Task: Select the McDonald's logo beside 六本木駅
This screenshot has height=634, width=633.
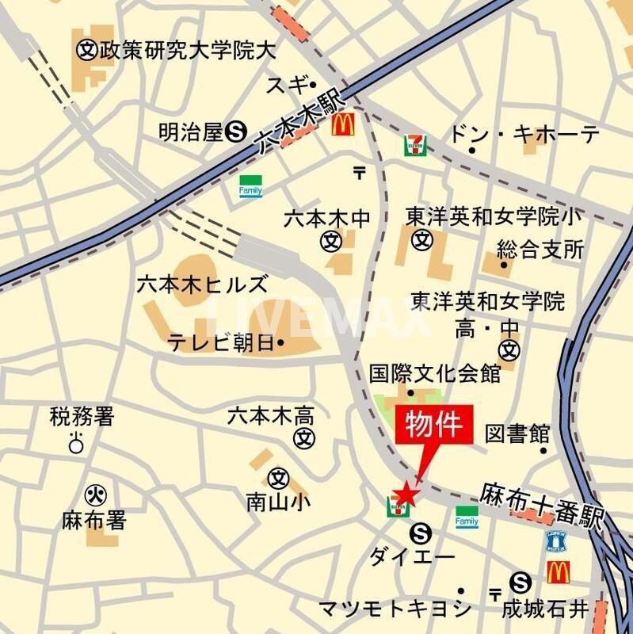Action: pyautogui.click(x=342, y=124)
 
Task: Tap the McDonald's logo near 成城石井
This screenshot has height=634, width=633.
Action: pyautogui.click(x=559, y=571)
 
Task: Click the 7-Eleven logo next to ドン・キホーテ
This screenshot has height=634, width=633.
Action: pyautogui.click(x=414, y=144)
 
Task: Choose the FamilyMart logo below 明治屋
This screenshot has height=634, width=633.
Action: pyautogui.click(x=250, y=187)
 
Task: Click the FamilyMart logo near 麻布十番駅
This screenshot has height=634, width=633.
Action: pyautogui.click(x=467, y=518)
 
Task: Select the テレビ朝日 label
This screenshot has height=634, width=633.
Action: pyautogui.click(x=225, y=342)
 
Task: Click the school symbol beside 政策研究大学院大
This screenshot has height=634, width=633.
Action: pyautogui.click(x=86, y=50)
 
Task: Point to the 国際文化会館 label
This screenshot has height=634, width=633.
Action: pyautogui.click(x=435, y=372)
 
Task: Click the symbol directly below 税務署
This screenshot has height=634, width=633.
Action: pyautogui.click(x=76, y=444)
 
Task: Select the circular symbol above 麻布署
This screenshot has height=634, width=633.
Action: pyautogui.click(x=95, y=495)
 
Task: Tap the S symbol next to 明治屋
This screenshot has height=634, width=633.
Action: pyautogui.click(x=235, y=132)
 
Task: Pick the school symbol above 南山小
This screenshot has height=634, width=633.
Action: pyautogui.click(x=277, y=478)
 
